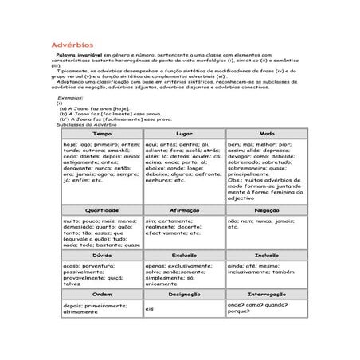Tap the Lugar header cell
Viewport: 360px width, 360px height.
tap(184, 133)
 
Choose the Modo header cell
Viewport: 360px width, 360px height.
tap(267, 133)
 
